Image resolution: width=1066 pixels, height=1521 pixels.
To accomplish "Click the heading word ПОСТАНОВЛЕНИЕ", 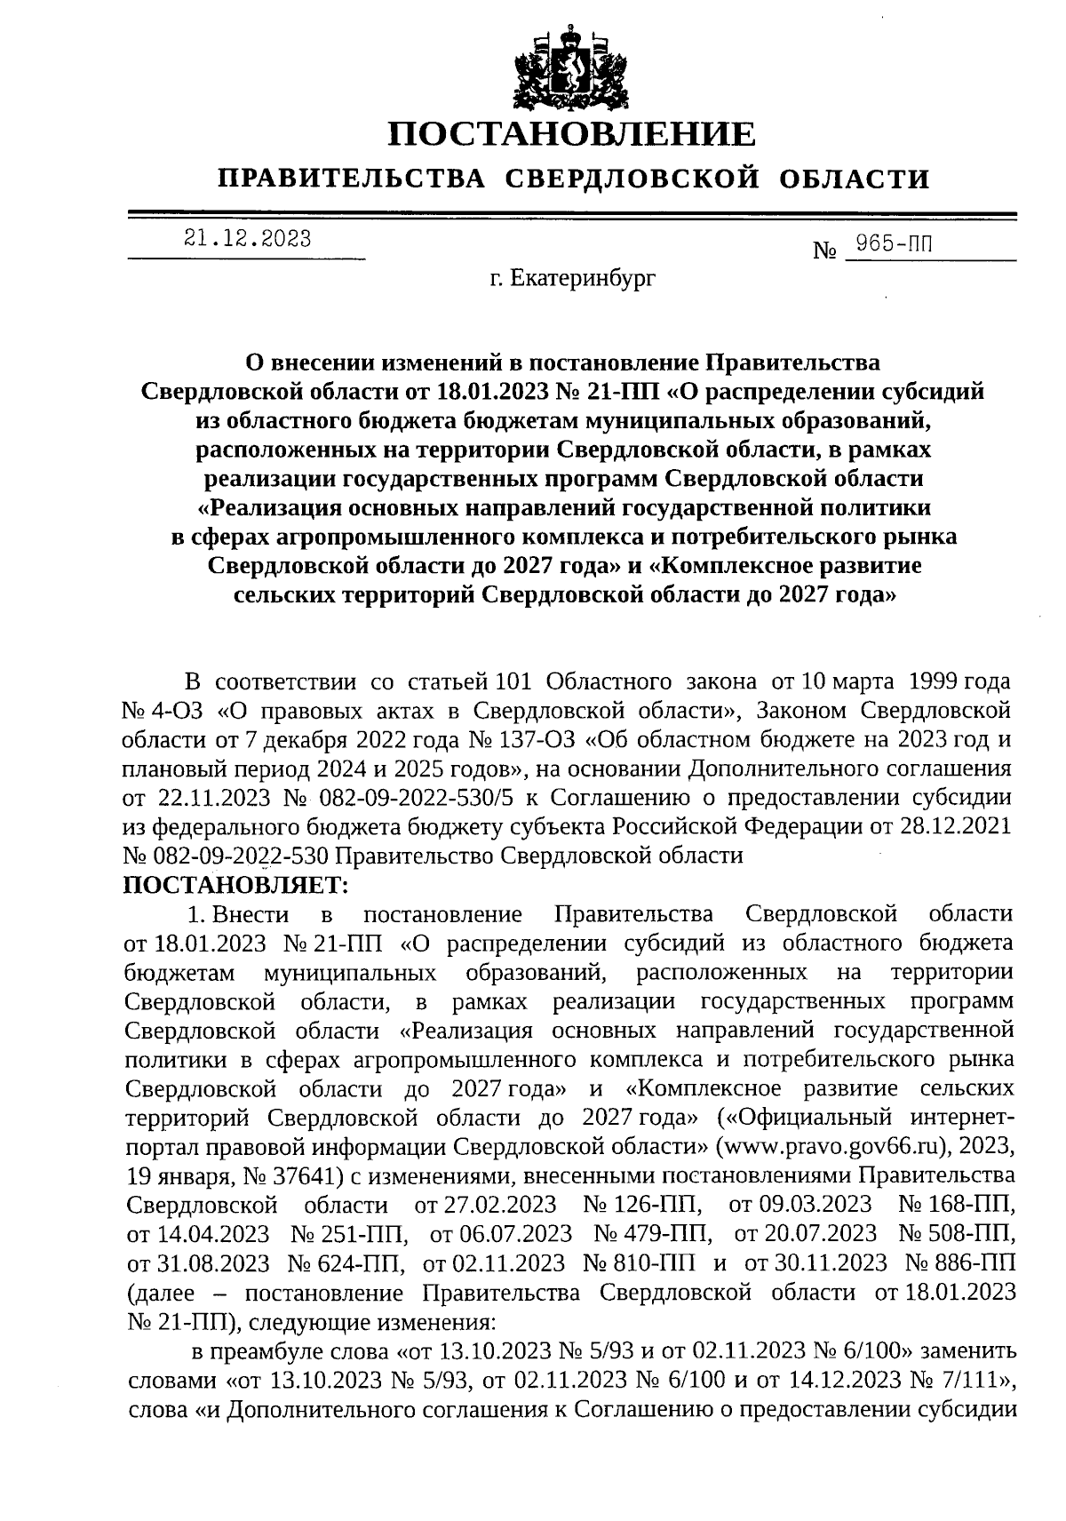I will (x=572, y=135).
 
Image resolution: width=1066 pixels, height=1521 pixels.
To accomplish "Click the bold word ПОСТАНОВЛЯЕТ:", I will (x=238, y=884).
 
